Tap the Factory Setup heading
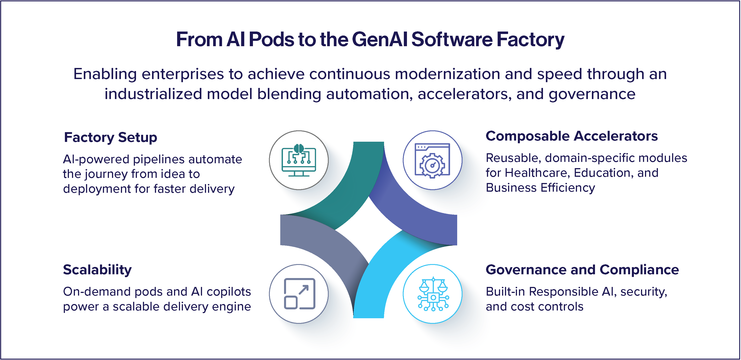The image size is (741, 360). pos(110,137)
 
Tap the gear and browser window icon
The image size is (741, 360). pos(432,160)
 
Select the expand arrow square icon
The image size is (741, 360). pos(299,294)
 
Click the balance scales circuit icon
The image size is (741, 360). pos(433,294)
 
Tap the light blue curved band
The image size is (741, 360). pos(380,276)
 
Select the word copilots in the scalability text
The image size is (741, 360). pos(229,292)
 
